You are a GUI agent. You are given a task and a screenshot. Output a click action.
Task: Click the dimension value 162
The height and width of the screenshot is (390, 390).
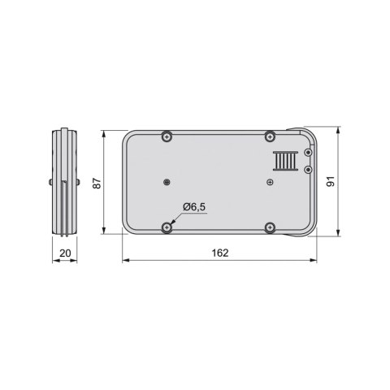click(x=219, y=253)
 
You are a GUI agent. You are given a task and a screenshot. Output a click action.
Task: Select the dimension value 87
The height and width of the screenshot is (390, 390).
click(x=97, y=184)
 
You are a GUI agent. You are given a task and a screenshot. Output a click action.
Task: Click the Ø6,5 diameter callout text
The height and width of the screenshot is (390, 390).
click(x=194, y=208)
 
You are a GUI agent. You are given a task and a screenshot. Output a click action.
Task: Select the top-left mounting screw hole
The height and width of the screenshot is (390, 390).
click(x=167, y=137)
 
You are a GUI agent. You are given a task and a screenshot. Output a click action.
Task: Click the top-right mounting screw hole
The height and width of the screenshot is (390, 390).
click(x=270, y=137)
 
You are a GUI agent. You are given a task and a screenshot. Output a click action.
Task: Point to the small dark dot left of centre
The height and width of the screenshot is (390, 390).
click(x=166, y=181)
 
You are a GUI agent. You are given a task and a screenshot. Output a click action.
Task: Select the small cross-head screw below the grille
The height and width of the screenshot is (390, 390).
click(x=270, y=183)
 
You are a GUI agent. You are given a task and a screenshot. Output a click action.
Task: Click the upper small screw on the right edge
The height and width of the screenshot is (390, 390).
click(x=308, y=152)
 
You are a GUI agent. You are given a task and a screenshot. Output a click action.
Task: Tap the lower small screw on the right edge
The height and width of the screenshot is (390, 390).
click(x=308, y=169)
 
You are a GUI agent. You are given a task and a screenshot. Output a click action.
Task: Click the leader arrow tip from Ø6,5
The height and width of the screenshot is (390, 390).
click(x=171, y=224)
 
